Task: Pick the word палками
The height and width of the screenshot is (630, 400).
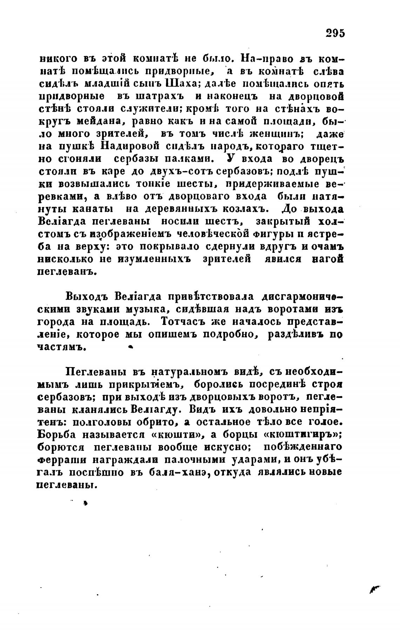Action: (189, 158)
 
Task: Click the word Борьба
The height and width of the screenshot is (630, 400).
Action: (56, 435)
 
